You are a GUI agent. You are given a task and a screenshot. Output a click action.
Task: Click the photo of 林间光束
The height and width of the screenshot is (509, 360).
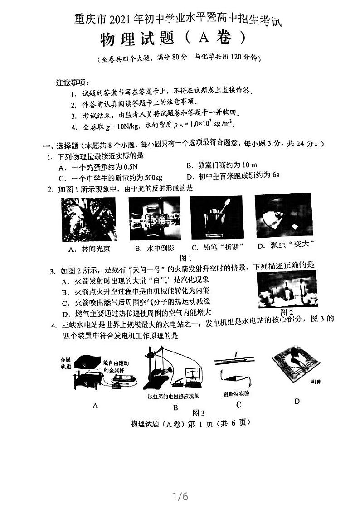[89, 219]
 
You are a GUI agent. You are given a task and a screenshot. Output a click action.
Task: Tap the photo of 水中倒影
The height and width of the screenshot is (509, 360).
[155, 219]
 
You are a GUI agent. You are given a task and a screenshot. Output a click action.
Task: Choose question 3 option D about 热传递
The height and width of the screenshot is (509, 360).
[136, 313]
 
